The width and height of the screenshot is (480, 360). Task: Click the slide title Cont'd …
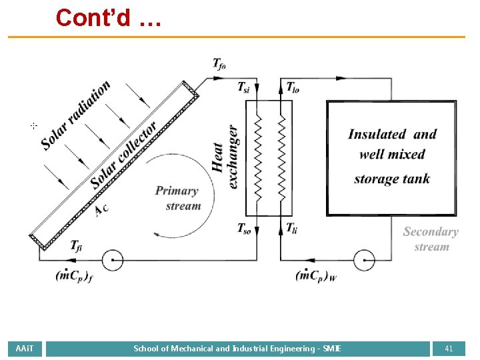(109, 17)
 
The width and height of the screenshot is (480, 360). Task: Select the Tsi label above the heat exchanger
(246, 87)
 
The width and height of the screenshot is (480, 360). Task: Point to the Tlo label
(293, 87)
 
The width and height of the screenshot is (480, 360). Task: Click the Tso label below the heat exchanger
(245, 228)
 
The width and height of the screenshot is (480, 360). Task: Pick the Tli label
(291, 228)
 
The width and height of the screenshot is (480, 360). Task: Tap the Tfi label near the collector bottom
(77, 245)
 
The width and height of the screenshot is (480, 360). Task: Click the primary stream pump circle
(112, 259)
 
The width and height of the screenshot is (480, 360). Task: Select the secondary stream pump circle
(364, 259)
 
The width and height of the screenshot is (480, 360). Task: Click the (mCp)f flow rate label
(74, 275)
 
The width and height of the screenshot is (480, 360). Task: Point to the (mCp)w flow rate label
(316, 275)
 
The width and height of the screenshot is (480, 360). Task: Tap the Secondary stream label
(431, 239)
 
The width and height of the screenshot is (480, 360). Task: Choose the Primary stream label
(177, 199)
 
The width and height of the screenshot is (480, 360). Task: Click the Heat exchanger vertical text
(227, 157)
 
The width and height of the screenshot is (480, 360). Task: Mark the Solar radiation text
(75, 115)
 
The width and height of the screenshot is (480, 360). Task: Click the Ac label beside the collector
(101, 209)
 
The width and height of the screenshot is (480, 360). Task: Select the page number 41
(449, 348)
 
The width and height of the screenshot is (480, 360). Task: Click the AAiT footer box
(25, 348)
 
